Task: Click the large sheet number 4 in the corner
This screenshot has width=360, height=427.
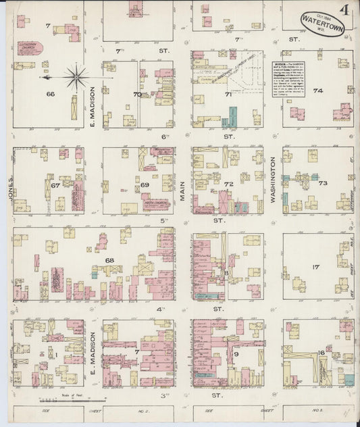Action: (x=344, y=10)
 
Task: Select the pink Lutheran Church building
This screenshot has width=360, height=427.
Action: (x=29, y=49)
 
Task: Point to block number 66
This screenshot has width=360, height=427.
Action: (x=49, y=95)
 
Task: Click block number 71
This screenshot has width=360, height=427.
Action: (x=228, y=95)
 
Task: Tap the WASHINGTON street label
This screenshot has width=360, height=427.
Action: (x=274, y=180)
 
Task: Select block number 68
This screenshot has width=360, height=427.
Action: (x=109, y=260)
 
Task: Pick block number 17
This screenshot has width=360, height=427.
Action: (x=315, y=267)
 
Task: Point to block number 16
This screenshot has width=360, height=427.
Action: (x=322, y=352)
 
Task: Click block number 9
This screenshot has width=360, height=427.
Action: (x=236, y=353)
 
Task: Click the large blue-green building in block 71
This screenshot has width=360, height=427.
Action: (x=232, y=118)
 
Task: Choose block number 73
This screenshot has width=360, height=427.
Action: (x=323, y=183)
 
